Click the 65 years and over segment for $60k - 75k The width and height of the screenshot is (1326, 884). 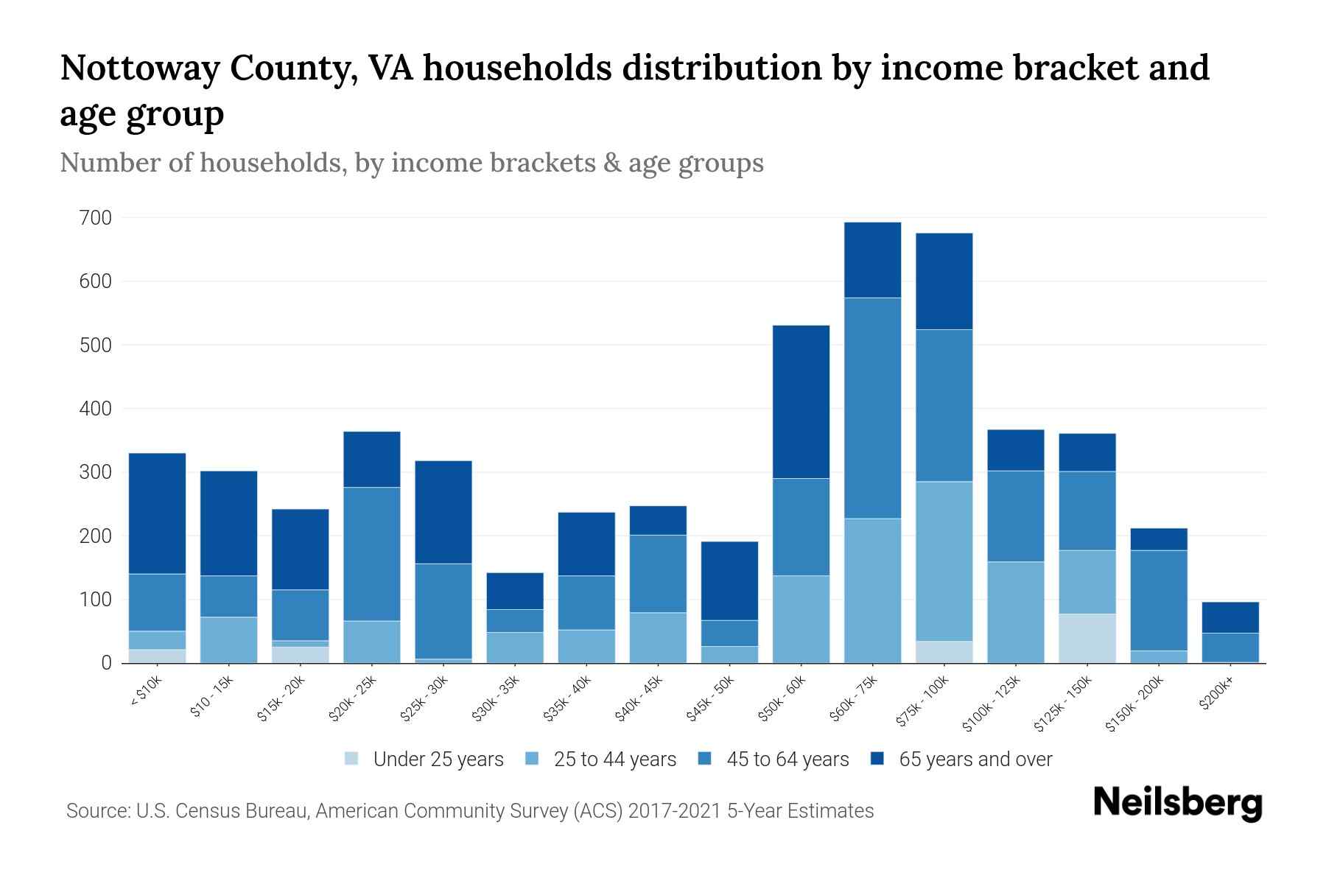click(x=872, y=260)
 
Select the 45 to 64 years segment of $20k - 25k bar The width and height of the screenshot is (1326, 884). click(x=372, y=554)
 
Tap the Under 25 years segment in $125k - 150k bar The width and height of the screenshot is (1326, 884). click(x=1087, y=638)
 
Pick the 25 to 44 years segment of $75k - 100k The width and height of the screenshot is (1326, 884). click(x=944, y=561)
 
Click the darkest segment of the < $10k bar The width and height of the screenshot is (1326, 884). click(x=157, y=513)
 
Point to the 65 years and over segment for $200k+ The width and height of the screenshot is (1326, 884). click(x=1230, y=617)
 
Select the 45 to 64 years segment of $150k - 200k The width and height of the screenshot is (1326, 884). click(x=1159, y=600)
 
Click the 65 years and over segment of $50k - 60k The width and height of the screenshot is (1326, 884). click(x=801, y=401)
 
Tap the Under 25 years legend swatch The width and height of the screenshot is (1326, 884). click(x=352, y=759)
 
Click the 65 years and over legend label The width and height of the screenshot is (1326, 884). click(x=975, y=760)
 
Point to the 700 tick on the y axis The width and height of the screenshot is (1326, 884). click(x=97, y=218)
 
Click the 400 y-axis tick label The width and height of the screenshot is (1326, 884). click(x=97, y=409)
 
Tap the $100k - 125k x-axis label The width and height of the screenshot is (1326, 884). click(x=992, y=704)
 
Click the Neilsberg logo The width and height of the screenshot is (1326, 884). click(x=1177, y=803)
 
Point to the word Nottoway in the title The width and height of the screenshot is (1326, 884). click(x=139, y=69)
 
